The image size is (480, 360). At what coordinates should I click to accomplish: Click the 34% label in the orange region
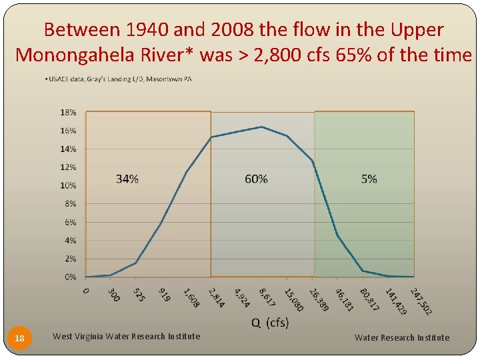127,179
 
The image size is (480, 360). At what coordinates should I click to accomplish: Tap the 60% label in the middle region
256,179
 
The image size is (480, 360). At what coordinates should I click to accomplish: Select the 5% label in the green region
369,179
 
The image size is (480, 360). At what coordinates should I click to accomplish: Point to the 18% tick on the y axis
69,113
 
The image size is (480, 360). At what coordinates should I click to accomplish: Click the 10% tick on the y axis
69,185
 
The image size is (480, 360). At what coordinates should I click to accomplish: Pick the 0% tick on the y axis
70,277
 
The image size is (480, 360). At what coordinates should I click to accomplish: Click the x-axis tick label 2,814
216,297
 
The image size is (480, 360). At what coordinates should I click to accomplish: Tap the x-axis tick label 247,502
421,301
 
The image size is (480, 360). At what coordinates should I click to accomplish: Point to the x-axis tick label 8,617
266,297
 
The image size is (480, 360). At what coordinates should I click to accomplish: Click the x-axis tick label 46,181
344,299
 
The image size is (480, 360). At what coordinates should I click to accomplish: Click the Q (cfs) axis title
269,323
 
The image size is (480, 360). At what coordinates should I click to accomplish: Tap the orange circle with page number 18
20,339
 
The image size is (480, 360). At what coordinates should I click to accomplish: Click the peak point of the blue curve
261,127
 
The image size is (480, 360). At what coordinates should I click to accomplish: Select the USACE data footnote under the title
118,79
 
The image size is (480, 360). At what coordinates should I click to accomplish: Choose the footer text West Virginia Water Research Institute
126,337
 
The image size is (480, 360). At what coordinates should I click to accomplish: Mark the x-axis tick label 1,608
190,297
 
